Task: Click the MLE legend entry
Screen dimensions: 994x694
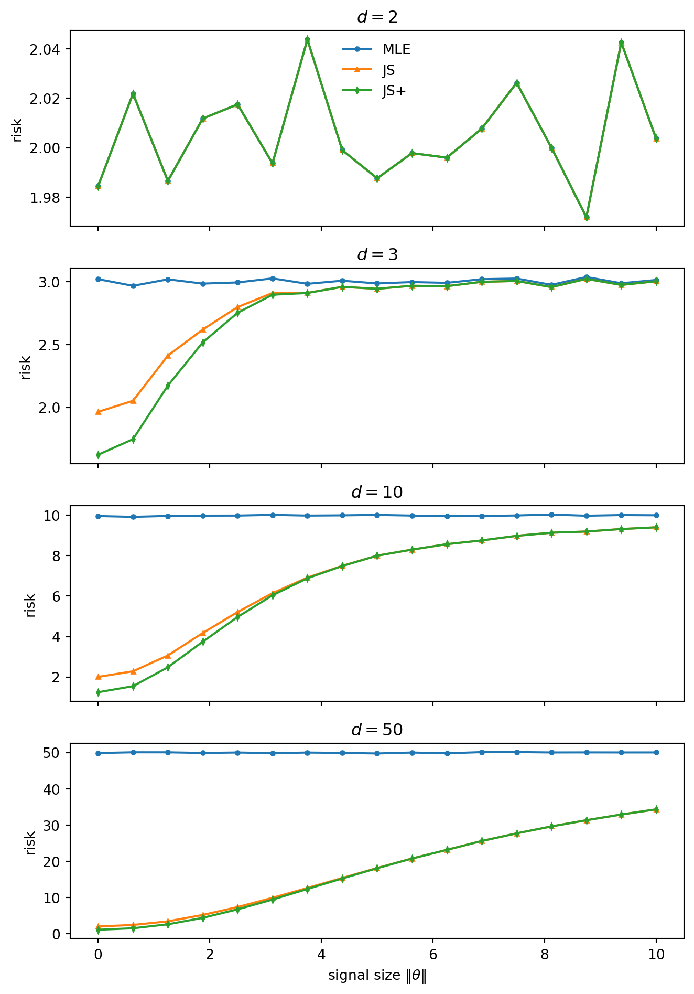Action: tap(396, 49)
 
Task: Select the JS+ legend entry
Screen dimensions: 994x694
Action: tap(394, 91)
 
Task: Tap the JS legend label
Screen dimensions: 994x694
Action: tap(388, 70)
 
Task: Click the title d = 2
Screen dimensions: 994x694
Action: tap(377, 17)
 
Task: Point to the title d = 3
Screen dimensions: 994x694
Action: tap(377, 255)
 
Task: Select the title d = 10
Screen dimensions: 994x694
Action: tap(377, 492)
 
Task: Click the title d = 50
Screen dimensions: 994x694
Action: tap(377, 730)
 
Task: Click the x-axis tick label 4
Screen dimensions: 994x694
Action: tap(321, 954)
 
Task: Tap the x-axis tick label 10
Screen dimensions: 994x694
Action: tap(656, 954)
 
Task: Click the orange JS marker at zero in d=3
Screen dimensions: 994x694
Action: tap(98, 412)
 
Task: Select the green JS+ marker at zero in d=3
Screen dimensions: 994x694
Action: tap(98, 455)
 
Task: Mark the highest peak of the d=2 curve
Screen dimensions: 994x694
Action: tap(307, 40)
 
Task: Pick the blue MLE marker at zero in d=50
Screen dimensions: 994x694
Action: tap(98, 753)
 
